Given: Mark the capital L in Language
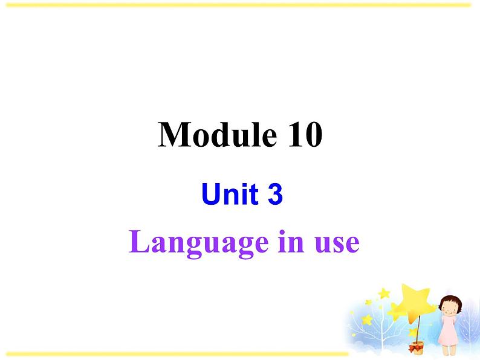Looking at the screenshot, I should pyautogui.click(x=139, y=242).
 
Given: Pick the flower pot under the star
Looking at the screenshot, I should pyautogui.click(x=415, y=347).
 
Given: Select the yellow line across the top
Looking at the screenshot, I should pyautogui.click(x=240, y=5).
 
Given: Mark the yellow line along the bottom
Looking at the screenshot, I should pyautogui.click(x=175, y=353).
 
